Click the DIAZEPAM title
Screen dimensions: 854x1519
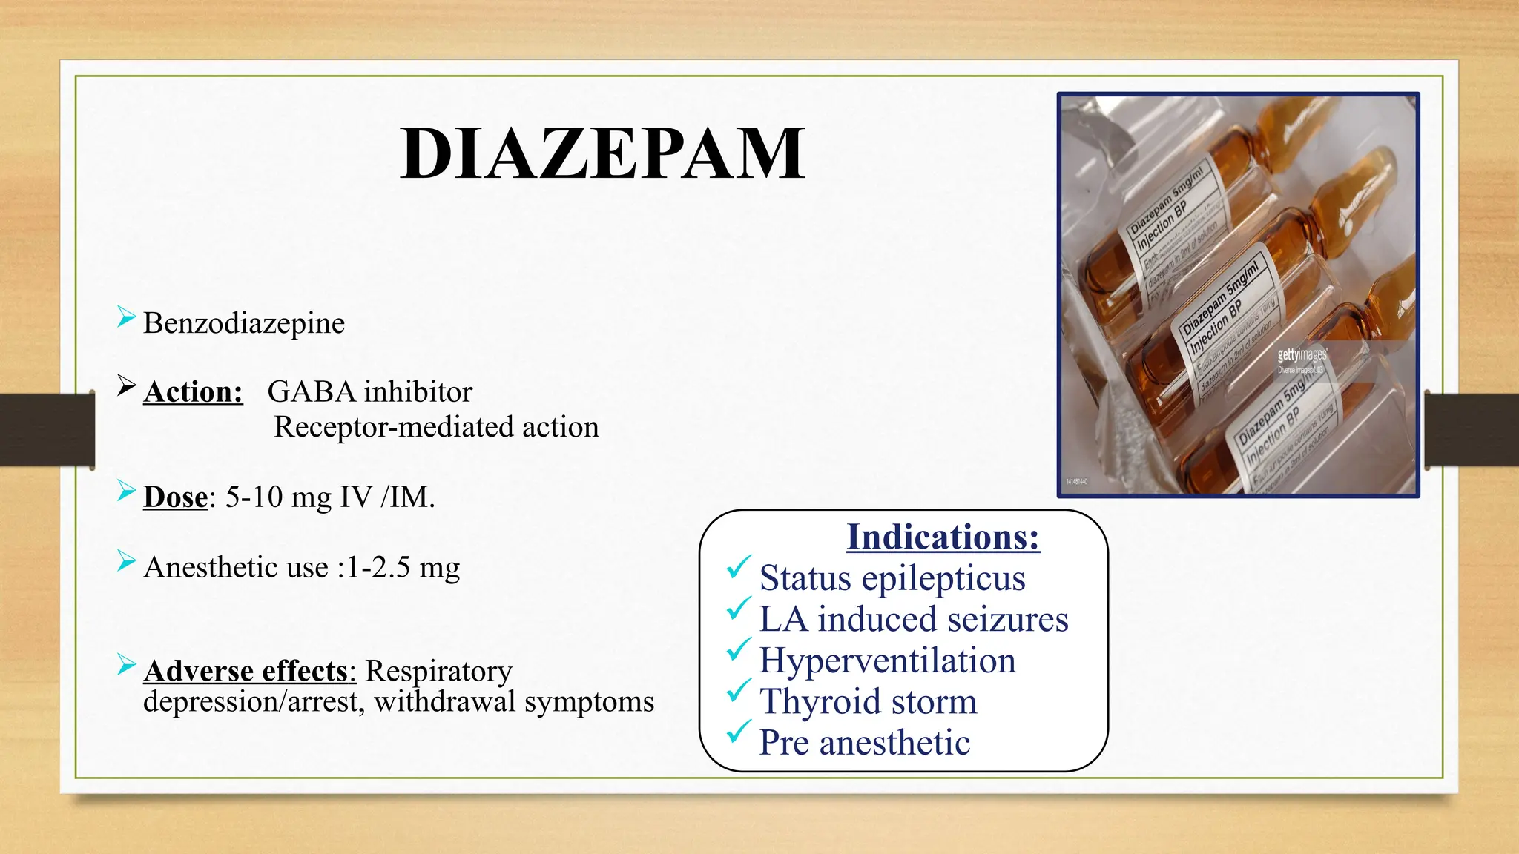pos(602,153)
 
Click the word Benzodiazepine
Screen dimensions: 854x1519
pos(244,323)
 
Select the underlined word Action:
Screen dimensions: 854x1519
pos(193,392)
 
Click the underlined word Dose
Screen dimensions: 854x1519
pos(176,497)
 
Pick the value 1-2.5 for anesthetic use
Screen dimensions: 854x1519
pos(378,567)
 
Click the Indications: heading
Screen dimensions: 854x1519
pos(943,537)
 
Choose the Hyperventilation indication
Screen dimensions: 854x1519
pos(887,660)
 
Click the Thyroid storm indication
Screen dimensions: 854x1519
pos(868,701)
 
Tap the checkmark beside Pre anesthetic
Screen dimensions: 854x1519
pos(739,733)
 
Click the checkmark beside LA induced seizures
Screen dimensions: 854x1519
pos(739,609)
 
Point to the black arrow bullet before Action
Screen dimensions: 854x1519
pos(127,385)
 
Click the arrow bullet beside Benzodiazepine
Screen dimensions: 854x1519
pos(127,317)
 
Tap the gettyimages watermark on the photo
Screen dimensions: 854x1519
pos(1302,356)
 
